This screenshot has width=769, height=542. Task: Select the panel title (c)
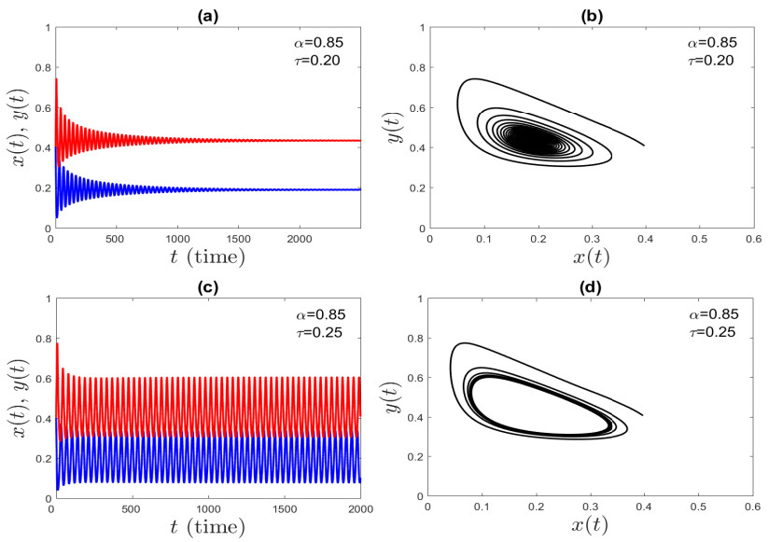pos(203,285)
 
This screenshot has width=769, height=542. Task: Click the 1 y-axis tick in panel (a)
pos(45,28)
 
